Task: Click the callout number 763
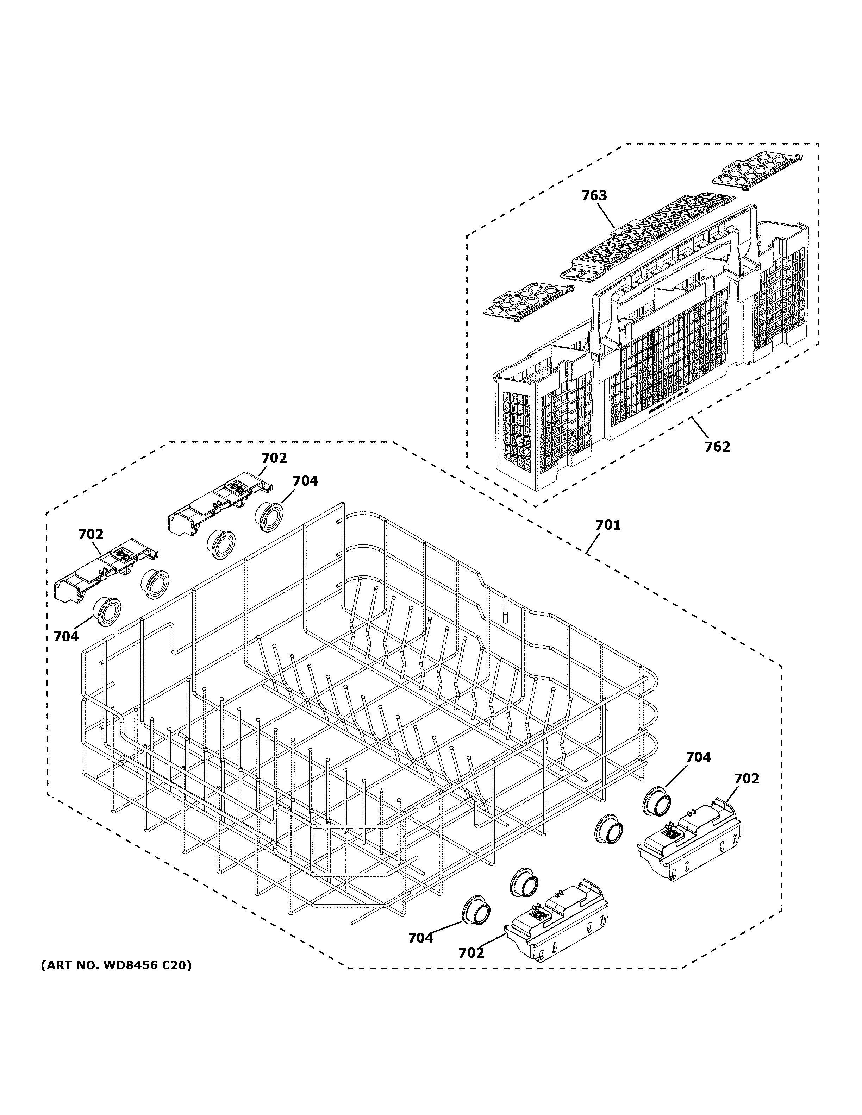point(594,196)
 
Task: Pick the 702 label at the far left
point(91,535)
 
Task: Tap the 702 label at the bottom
point(471,953)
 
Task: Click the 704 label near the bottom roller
point(420,938)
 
